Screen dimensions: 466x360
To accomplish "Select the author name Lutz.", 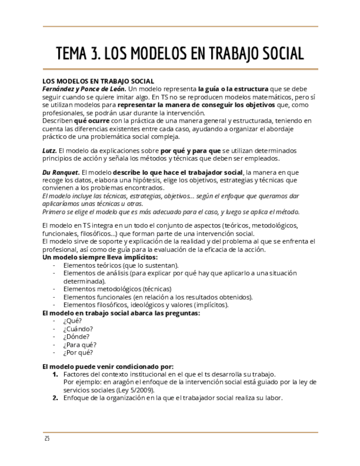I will tap(49, 150).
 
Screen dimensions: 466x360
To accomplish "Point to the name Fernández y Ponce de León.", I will tap(84, 88).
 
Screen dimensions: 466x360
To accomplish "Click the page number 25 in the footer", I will tap(47, 439).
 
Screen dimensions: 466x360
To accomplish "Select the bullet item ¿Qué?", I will tap(73, 321).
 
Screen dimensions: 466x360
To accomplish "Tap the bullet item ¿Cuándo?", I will tap(78, 329).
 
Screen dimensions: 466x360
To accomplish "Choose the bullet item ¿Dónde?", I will tap(76, 337).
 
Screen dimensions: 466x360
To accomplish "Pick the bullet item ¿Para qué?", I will tap(80, 345).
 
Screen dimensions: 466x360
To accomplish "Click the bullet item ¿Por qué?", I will tap(78, 353).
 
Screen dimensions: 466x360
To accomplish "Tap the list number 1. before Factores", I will tap(55, 374).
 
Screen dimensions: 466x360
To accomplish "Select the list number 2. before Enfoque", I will tap(55, 398).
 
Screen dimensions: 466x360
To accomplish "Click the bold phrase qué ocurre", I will tap(92, 120).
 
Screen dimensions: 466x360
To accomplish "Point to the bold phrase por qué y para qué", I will tap(190, 150).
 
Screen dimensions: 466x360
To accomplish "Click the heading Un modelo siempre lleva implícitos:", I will tap(100, 257).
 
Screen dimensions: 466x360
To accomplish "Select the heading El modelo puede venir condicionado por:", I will tap(108, 367).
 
